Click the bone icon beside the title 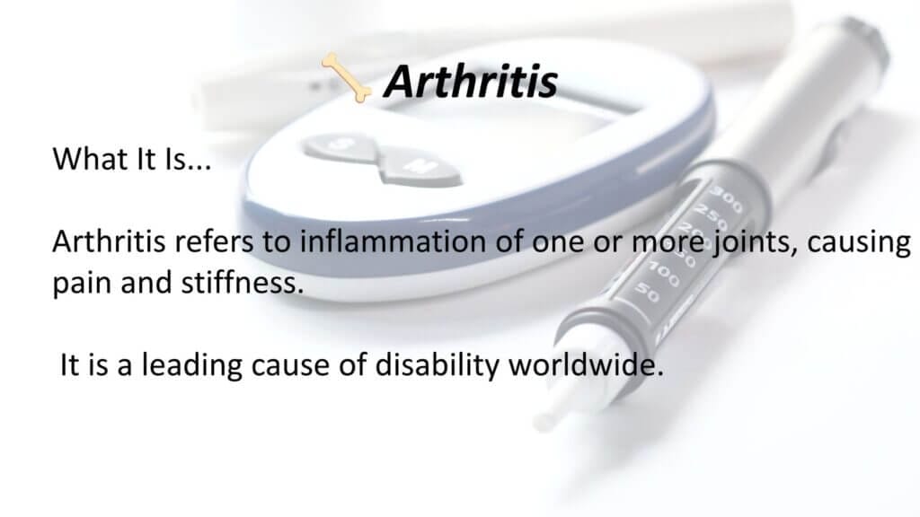pos(346,77)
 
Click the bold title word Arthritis pos(471,81)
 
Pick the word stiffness pos(243,283)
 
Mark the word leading pos(192,366)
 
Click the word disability pos(437,366)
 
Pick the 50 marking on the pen pos(648,292)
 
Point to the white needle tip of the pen pos(544,421)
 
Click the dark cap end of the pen pos(865,41)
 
